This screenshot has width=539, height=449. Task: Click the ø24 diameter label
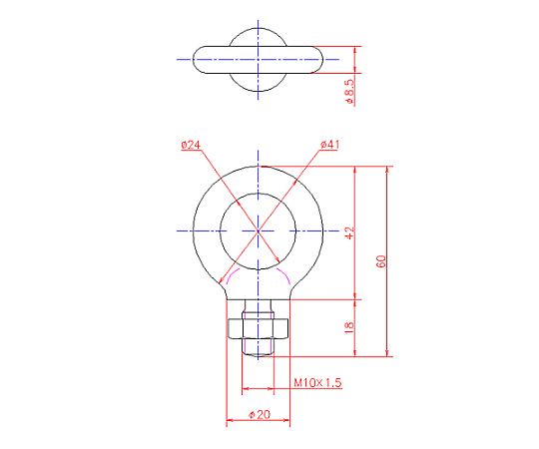coord(191,145)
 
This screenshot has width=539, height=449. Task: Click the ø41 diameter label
coord(329,145)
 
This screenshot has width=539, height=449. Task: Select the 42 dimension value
coord(349,232)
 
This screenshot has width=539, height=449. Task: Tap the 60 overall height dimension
coord(381,261)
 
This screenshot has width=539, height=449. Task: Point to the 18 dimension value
coord(349,327)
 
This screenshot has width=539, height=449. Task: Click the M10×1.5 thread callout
coord(317,382)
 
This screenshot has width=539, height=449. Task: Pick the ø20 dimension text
coord(260,415)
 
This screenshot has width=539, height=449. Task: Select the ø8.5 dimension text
coord(349,91)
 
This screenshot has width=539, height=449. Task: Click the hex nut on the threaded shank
coord(259,329)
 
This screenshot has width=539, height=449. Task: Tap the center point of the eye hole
coord(259,230)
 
